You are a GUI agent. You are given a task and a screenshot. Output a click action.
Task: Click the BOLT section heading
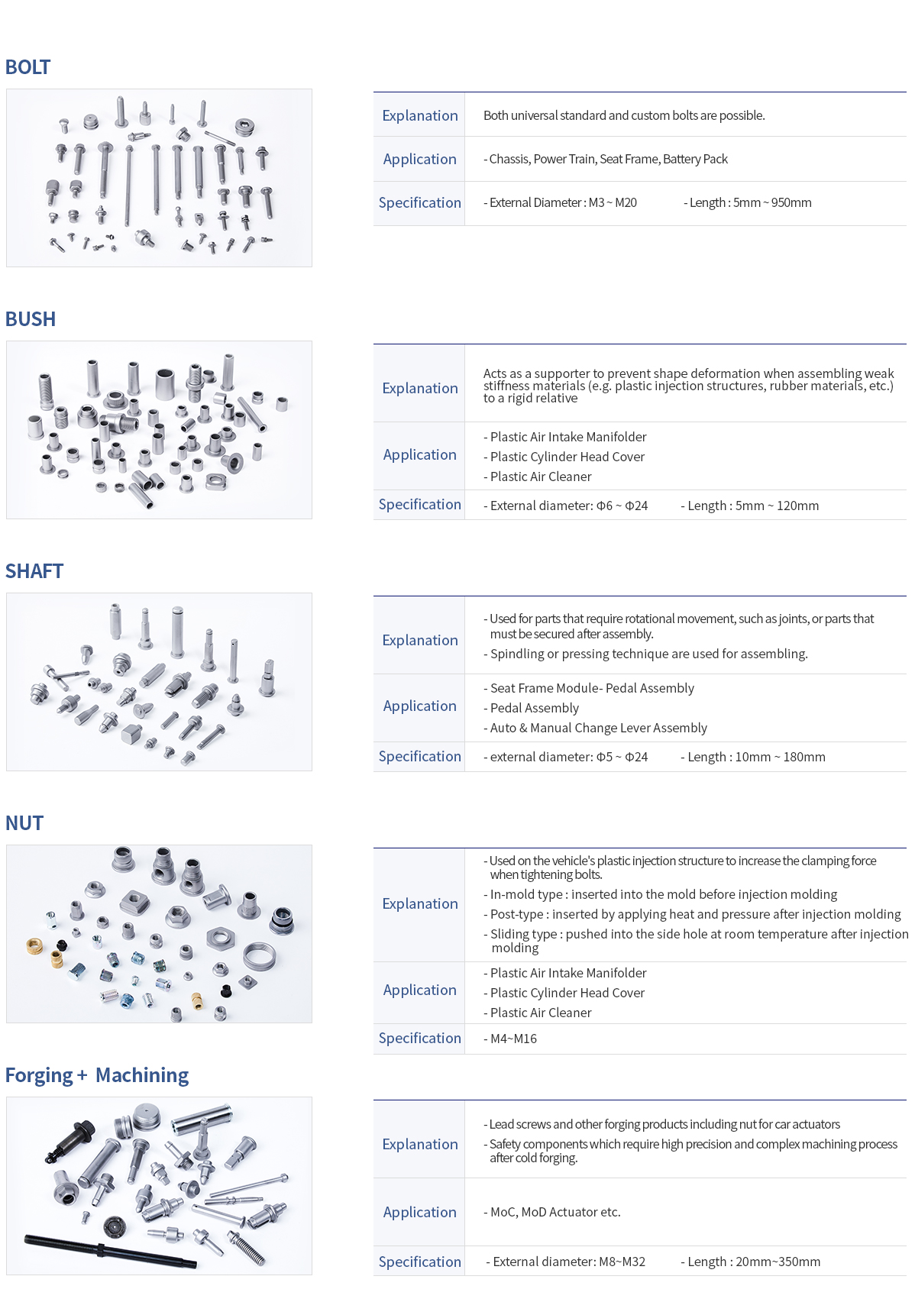pyautogui.click(x=27, y=67)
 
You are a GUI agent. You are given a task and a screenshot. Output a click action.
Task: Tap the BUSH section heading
pyautogui.click(x=31, y=319)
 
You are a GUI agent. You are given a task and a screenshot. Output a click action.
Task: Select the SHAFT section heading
pyautogui.click(x=34, y=571)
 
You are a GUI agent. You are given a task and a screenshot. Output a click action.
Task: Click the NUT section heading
pyautogui.click(x=24, y=823)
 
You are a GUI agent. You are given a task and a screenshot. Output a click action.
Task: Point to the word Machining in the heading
pyautogui.click(x=142, y=1075)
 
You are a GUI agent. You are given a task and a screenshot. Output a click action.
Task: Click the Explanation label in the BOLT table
pyautogui.click(x=420, y=115)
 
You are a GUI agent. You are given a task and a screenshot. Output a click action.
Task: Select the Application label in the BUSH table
pyautogui.click(x=420, y=454)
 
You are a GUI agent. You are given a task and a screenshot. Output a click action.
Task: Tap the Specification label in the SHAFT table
pyautogui.click(x=420, y=756)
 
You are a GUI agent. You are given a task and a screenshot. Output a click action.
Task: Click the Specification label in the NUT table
pyautogui.click(x=420, y=1038)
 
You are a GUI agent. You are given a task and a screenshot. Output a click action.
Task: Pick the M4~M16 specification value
pyautogui.click(x=513, y=1039)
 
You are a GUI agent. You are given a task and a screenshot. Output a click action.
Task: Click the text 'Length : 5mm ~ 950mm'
pyautogui.click(x=750, y=202)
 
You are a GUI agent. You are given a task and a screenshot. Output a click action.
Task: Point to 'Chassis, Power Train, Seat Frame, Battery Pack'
pyautogui.click(x=608, y=159)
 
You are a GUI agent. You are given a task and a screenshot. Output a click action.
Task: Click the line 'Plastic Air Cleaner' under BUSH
pyautogui.click(x=541, y=477)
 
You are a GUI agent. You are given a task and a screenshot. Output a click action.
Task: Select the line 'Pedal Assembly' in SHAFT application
pyautogui.click(x=535, y=708)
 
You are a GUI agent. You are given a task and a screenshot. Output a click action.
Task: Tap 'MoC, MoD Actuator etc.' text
pyautogui.click(x=555, y=1212)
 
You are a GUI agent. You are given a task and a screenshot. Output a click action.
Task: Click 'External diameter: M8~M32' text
pyautogui.click(x=569, y=1262)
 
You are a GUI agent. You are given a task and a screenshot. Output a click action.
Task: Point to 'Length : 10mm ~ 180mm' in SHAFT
pyautogui.click(x=756, y=757)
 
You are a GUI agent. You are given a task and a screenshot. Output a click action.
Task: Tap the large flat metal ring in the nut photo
pyautogui.click(x=260, y=956)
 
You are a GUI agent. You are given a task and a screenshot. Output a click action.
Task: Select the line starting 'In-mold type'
pyautogui.click(x=664, y=894)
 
